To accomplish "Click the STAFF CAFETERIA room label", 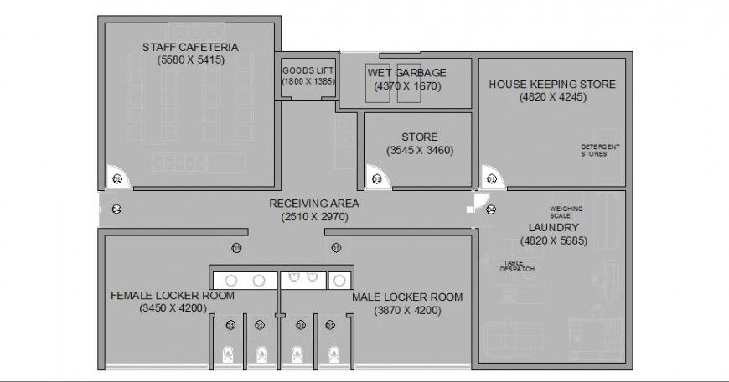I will click(x=190, y=46).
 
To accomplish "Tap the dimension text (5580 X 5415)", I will click(x=190, y=59).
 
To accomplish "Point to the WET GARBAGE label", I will click(x=406, y=73).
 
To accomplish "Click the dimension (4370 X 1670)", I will click(x=406, y=86).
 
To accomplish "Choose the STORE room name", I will click(x=419, y=137).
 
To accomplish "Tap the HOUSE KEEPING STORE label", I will click(x=552, y=84).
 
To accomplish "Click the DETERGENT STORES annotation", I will click(x=600, y=150).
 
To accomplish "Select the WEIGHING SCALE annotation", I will click(x=566, y=212).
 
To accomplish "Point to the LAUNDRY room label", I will click(x=553, y=227).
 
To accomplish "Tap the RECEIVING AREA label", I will click(x=314, y=204).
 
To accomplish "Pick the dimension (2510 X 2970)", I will click(x=314, y=217).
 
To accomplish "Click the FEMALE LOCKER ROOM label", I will click(x=173, y=296).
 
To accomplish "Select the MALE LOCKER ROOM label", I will click(x=407, y=297).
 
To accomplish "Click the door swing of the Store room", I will click(x=376, y=178).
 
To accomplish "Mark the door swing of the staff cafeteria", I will click(x=116, y=178).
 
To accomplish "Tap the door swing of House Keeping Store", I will click(x=491, y=178).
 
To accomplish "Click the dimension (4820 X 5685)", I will click(x=553, y=240).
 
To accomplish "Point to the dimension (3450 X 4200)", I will click(x=173, y=308).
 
